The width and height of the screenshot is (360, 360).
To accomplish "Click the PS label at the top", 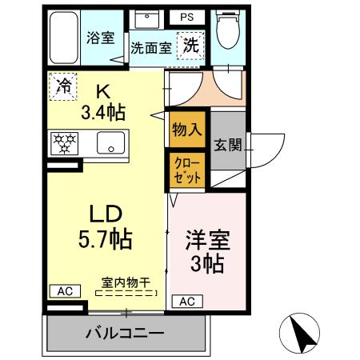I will click(x=186, y=15).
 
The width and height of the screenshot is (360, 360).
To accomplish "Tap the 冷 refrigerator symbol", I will click(x=61, y=86).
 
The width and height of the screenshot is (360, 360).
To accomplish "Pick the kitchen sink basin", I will click(x=106, y=144).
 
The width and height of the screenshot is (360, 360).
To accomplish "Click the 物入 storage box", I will click(x=185, y=130).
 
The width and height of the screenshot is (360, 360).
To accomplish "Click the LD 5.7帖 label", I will click(x=105, y=226).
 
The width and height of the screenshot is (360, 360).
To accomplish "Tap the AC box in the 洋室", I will click(x=186, y=302).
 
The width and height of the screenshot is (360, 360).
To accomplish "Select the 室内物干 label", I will click(x=126, y=282).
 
